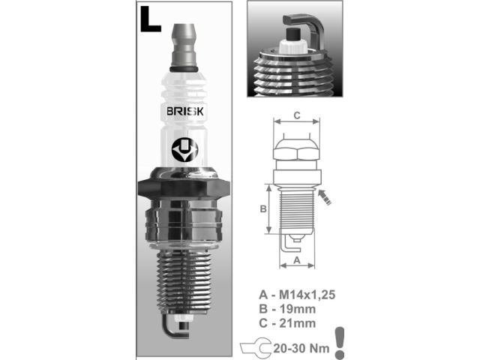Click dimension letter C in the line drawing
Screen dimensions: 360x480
click(297, 115)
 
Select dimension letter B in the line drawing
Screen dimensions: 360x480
click(264, 209)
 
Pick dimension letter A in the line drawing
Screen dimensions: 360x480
click(297, 259)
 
